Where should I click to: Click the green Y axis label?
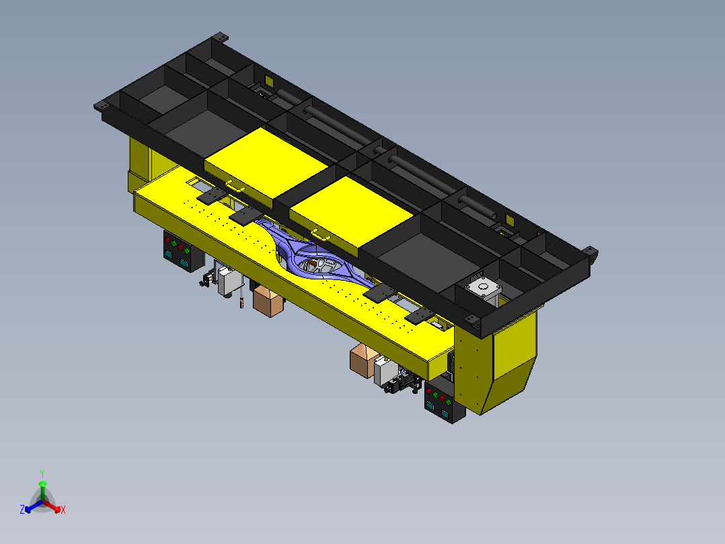point(42,473)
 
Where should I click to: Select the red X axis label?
point(63,510)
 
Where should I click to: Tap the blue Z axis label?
point(22,509)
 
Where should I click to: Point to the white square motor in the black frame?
point(483,287)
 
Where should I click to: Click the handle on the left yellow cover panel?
point(235,186)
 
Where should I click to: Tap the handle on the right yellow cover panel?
point(321,236)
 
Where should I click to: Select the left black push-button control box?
point(183,251)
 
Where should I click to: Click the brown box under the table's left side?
point(268,300)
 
